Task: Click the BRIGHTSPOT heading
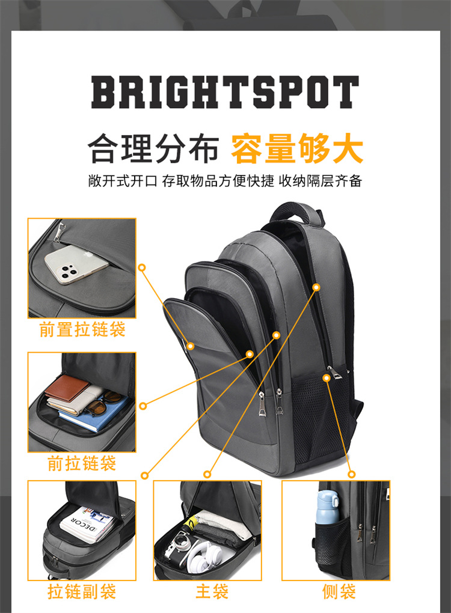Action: click(225, 93)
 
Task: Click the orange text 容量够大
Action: click(297, 148)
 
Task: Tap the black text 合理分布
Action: click(153, 148)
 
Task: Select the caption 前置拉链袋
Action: click(82, 329)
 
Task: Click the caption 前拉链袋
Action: click(82, 463)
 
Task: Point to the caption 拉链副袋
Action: click(82, 591)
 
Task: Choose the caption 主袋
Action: click(212, 591)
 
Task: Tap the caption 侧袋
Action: click(339, 591)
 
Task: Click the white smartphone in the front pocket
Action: click(76, 264)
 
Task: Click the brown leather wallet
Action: click(67, 388)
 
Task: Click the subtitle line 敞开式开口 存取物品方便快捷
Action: click(181, 181)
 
